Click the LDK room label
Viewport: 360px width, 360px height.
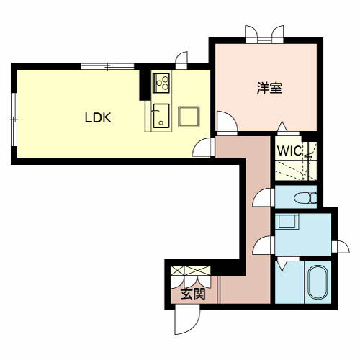98,117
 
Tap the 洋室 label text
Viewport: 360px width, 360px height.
269,88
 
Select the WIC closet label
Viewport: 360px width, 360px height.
289,150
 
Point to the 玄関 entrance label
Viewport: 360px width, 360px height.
193,294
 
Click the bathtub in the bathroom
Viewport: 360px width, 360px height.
318,282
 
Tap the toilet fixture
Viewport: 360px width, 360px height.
305,198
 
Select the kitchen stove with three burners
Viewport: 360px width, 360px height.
161,83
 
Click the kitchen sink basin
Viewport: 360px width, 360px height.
161,116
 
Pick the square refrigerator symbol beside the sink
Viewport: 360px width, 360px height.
189,117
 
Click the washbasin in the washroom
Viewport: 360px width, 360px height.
287,221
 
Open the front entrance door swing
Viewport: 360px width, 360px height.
187,319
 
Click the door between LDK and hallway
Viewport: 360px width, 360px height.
203,148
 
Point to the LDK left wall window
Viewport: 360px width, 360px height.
14,120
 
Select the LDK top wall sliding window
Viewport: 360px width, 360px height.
107,66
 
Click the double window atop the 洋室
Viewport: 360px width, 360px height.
264,35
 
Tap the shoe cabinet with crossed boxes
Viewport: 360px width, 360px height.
191,271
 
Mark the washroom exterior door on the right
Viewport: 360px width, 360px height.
341,247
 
